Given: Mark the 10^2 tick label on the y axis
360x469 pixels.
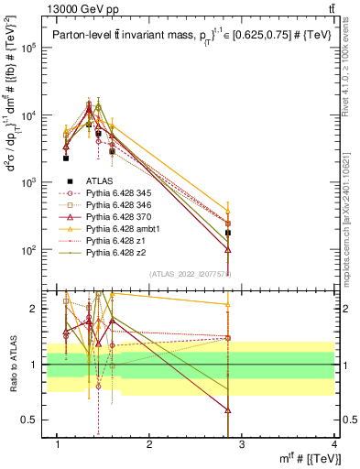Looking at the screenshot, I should tap(29, 249).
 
